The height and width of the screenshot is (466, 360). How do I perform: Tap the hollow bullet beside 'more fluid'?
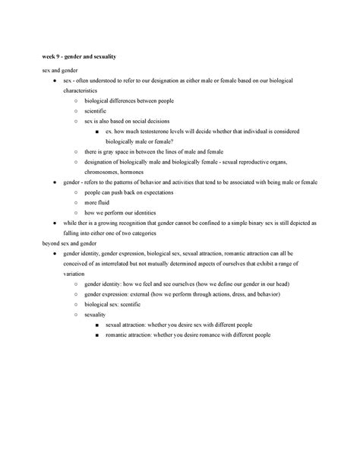76,203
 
